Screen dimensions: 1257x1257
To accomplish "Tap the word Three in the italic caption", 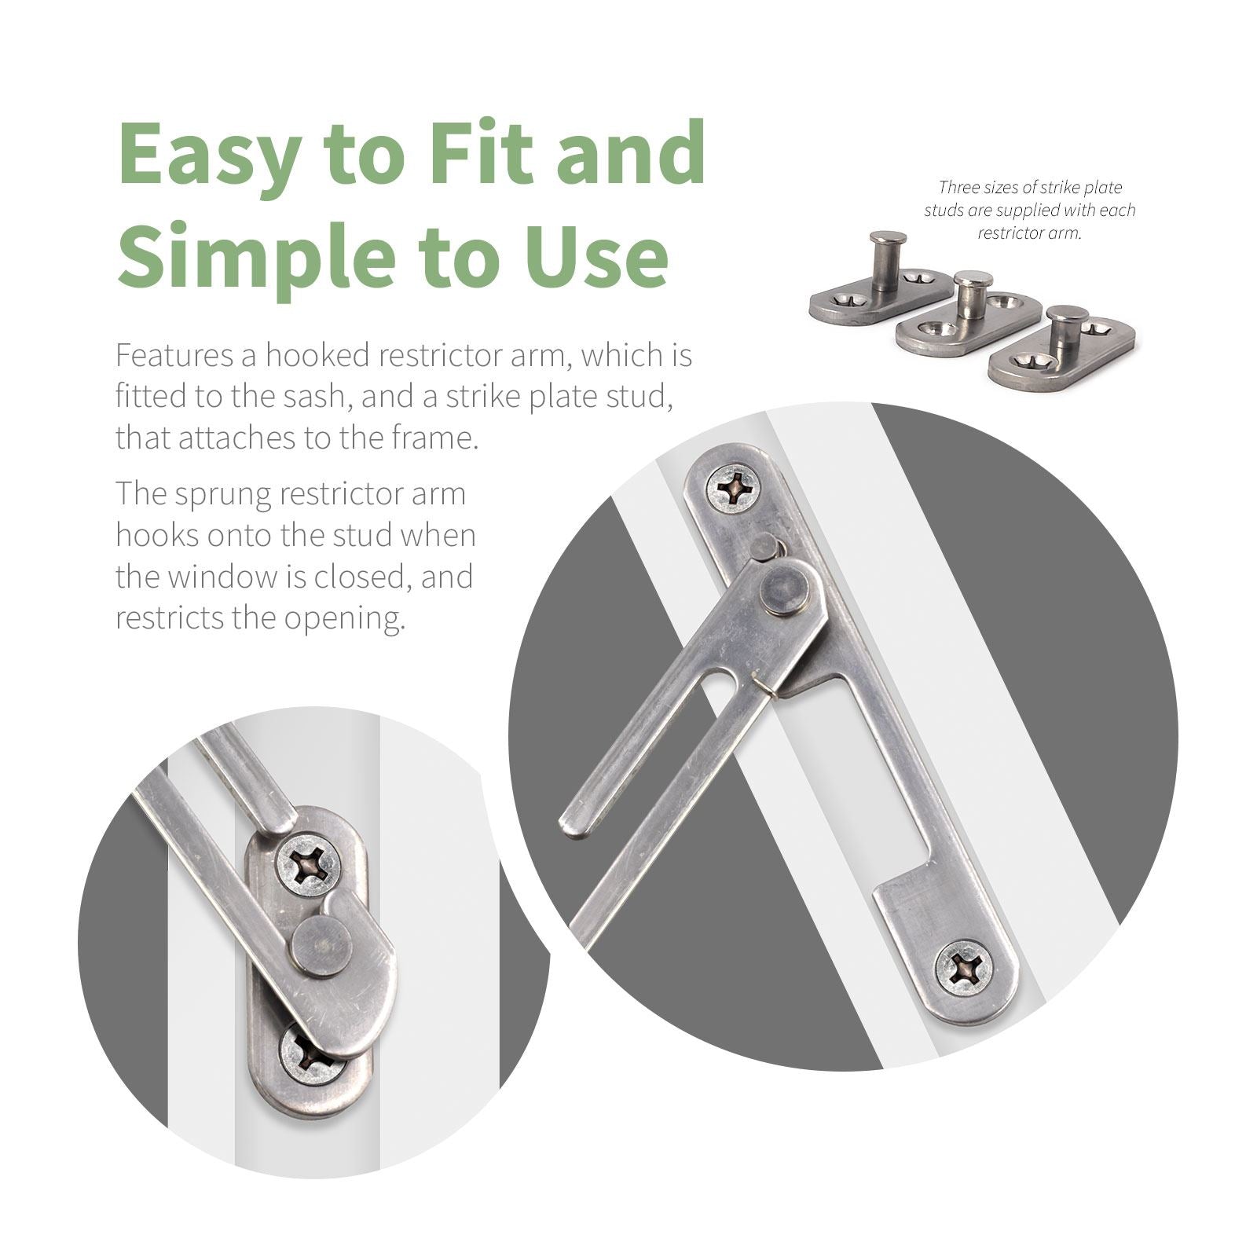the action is [x=958, y=187].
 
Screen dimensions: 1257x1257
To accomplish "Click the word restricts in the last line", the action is [x=167, y=619].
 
